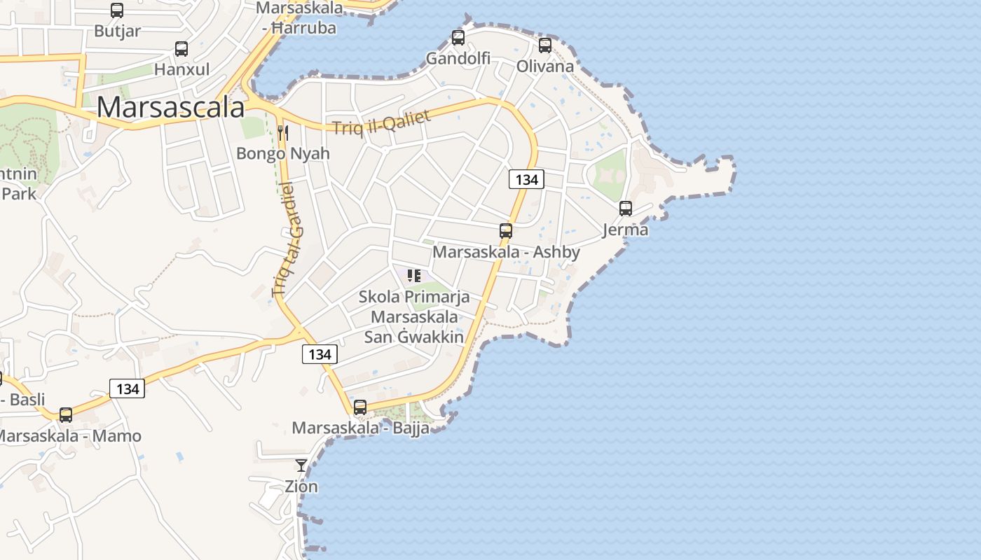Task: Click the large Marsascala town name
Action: pos(170,107)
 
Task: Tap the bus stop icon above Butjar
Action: pos(117,10)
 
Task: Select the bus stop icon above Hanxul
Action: pos(181,49)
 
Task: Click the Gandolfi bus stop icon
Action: pos(458,38)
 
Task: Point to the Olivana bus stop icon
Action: pos(545,45)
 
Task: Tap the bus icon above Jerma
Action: pos(626,209)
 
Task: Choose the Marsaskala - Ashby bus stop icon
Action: pos(506,230)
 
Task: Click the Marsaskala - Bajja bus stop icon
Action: pos(360,407)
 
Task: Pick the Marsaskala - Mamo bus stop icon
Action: pos(66,414)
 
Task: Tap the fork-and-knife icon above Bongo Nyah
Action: pos(283,132)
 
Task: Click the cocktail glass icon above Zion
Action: pos(301,465)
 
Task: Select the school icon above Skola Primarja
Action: pos(414,276)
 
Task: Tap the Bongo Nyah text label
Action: pos(283,153)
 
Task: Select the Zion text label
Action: pos(301,486)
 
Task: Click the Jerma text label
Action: pos(626,230)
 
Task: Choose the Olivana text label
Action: pos(545,66)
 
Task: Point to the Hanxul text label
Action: pos(181,69)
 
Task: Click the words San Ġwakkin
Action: pos(414,337)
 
